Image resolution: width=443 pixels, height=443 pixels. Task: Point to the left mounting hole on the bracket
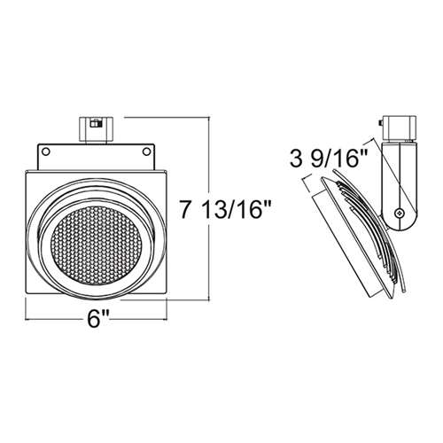(47, 152)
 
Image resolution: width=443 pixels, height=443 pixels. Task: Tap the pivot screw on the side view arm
(403, 214)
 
